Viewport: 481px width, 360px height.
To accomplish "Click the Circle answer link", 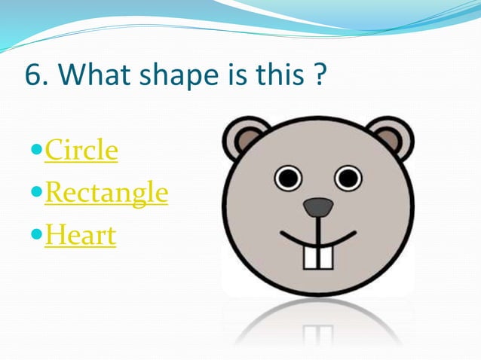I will click(81, 151).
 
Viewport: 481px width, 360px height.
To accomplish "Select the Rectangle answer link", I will click(106, 194).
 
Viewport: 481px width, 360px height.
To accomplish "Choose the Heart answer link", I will click(81, 236).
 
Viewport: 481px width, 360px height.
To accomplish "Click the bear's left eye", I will click(287, 178).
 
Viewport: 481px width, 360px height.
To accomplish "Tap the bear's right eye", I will click(348, 178).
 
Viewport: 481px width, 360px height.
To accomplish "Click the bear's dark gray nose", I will click(318, 206).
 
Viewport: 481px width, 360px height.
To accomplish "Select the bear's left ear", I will click(244, 139).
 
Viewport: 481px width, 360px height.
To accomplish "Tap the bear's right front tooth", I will click(325, 257).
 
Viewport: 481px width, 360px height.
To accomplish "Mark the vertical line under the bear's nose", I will click(318, 230).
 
